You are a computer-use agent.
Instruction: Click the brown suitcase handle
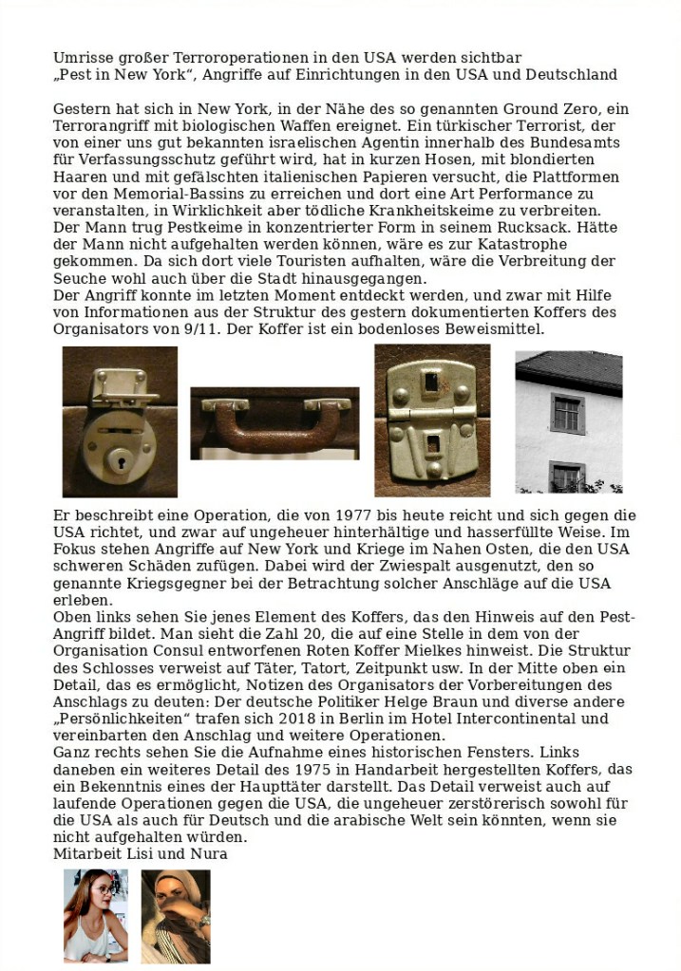[274, 425]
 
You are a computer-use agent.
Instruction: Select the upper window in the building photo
[567, 413]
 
